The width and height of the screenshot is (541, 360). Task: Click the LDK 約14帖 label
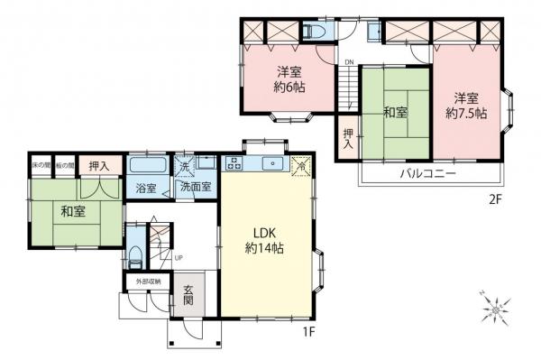[x=264, y=240]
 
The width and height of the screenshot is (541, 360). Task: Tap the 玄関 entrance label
[x=189, y=296]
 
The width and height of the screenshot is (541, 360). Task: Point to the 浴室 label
[x=146, y=189]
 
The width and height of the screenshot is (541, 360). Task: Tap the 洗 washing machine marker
[x=183, y=167]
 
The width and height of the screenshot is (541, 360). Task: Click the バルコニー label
[x=428, y=172]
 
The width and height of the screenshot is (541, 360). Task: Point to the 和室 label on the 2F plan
[x=395, y=113]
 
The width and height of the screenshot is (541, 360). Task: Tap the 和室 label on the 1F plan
[x=74, y=214]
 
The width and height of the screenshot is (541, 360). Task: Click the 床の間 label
[x=41, y=166]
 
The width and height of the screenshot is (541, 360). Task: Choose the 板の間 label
[x=63, y=166]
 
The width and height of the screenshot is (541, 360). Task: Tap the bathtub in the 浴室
[x=146, y=167]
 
